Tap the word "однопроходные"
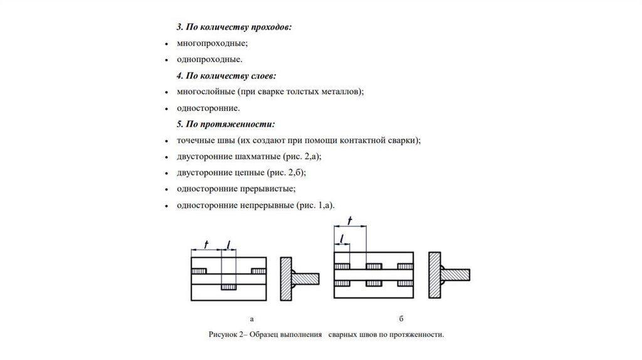tap(209, 60)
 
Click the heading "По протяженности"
tap(231, 124)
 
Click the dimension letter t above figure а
tap(207, 244)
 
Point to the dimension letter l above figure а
tap(228, 244)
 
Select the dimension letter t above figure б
tap(349, 220)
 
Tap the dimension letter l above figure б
tap(342, 237)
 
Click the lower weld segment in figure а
tap(228, 287)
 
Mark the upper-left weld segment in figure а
tap(199, 271)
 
